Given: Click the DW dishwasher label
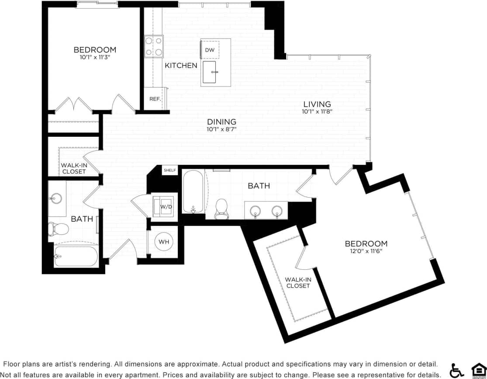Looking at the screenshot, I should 210,50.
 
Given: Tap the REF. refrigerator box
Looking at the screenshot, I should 155,99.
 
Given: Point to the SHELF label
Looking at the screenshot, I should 169,170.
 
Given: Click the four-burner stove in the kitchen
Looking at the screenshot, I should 154,46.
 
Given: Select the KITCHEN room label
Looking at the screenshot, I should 181,66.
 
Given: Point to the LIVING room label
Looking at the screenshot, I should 317,104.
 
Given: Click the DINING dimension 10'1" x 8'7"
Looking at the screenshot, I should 221,129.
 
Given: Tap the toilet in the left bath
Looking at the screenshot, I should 58,228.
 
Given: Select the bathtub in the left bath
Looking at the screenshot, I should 76,256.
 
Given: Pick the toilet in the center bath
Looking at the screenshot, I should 222,207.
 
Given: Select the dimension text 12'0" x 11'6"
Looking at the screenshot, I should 366,251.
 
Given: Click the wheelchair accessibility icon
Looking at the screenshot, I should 457,370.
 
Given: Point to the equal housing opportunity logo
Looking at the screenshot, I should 478,370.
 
